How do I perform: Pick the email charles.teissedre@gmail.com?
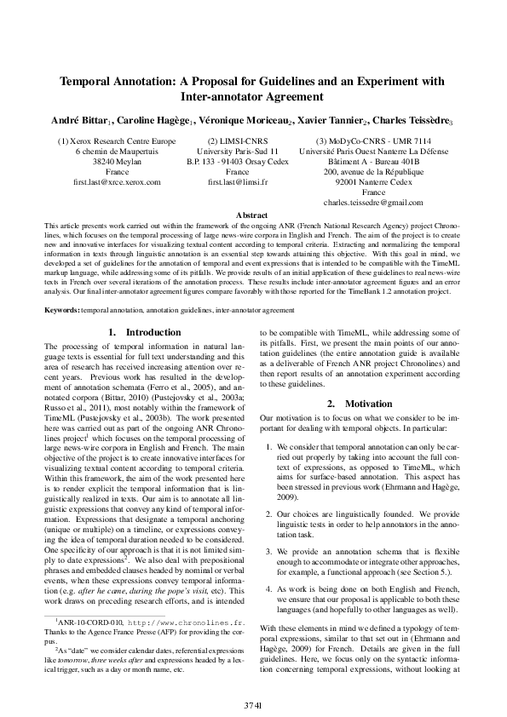[x=373, y=203]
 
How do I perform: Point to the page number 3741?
[x=253, y=705]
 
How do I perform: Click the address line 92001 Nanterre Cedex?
[x=373, y=182]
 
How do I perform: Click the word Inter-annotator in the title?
[x=216, y=96]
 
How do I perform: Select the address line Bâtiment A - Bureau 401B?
[x=373, y=162]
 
